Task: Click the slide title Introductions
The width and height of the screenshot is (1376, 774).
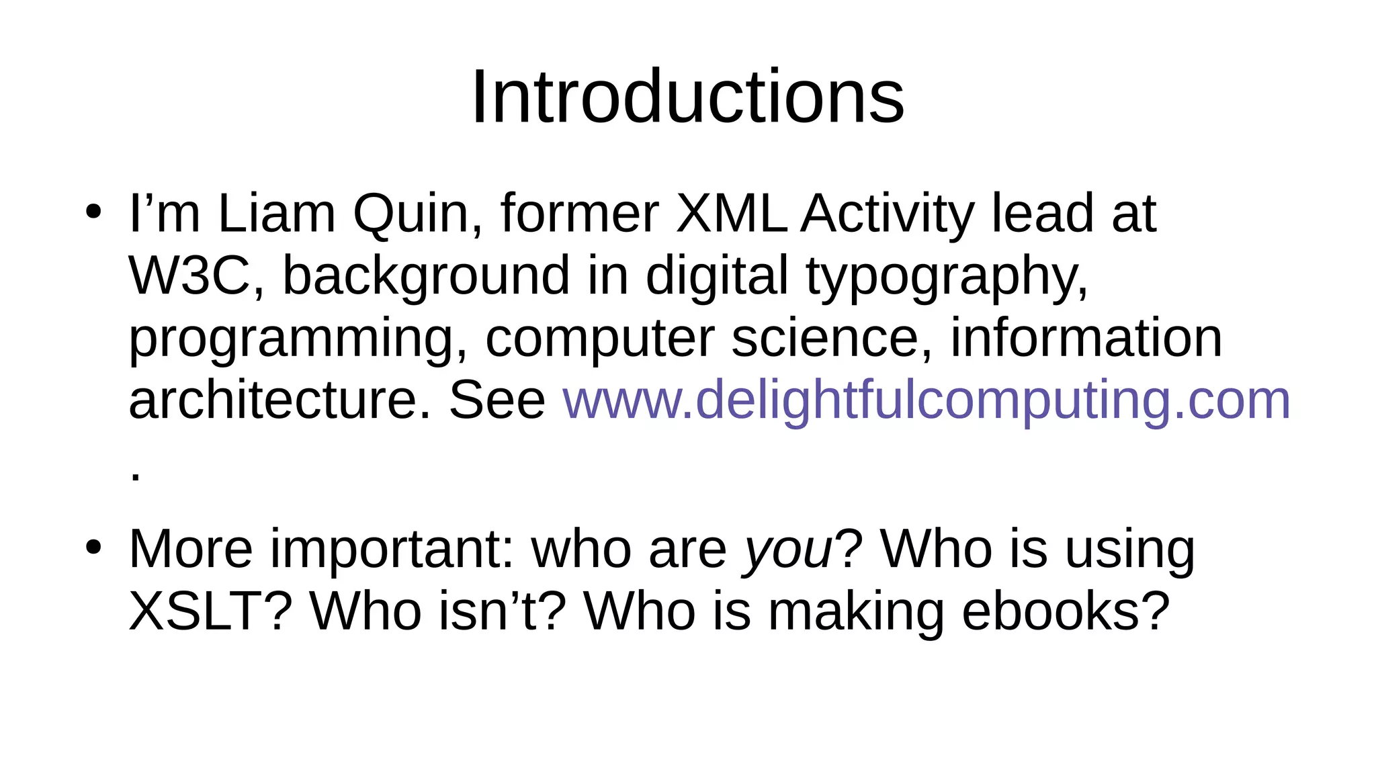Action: pyautogui.click(x=687, y=97)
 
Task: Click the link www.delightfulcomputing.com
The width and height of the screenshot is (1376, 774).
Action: pyautogui.click(x=926, y=400)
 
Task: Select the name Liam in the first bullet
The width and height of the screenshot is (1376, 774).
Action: pyautogui.click(x=276, y=214)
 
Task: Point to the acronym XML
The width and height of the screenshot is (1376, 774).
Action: pyautogui.click(x=732, y=214)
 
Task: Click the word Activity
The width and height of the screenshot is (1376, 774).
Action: pyautogui.click(x=887, y=214)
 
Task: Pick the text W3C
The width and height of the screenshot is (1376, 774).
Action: pyautogui.click(x=189, y=276)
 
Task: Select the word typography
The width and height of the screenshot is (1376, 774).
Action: pyautogui.click(x=947, y=276)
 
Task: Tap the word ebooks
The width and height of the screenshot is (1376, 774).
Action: pyautogui.click(x=1066, y=612)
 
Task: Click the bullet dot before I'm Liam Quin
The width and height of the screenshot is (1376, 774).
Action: pyautogui.click(x=93, y=212)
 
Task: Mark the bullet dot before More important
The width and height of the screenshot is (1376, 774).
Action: pyautogui.click(x=93, y=548)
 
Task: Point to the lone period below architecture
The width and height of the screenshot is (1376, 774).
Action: pyautogui.click(x=136, y=478)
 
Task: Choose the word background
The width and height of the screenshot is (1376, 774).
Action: pyautogui.click(x=426, y=276)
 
